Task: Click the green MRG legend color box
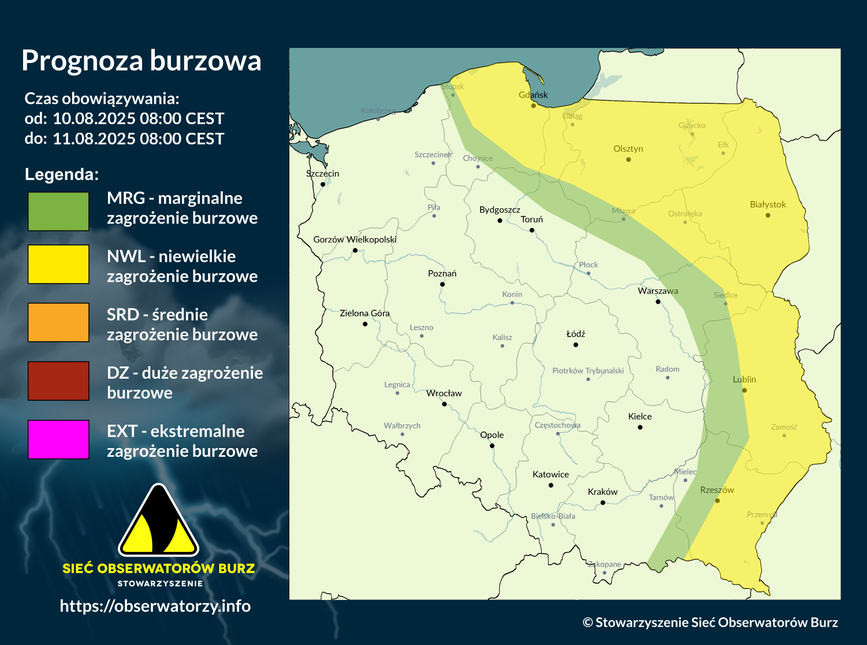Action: coord(58,211)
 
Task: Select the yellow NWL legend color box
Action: coord(58,264)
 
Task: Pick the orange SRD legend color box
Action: coord(58,322)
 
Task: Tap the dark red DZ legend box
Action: coord(58,381)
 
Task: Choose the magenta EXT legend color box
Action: coord(58,439)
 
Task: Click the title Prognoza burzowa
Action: coord(141,61)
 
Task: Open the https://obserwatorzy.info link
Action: coord(155,606)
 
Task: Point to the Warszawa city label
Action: coord(657,291)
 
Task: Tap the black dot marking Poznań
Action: coord(442,284)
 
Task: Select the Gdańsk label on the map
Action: coord(533,95)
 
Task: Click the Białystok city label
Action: coord(768,204)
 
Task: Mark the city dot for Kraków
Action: coord(602,502)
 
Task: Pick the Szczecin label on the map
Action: coord(322,173)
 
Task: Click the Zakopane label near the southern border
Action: coord(604,564)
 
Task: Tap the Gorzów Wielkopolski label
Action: coord(355,239)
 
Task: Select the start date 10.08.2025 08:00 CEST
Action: coord(138,119)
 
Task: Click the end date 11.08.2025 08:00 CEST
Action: coord(138,139)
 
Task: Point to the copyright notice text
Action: coord(710,622)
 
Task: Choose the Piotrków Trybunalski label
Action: coord(588,371)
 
